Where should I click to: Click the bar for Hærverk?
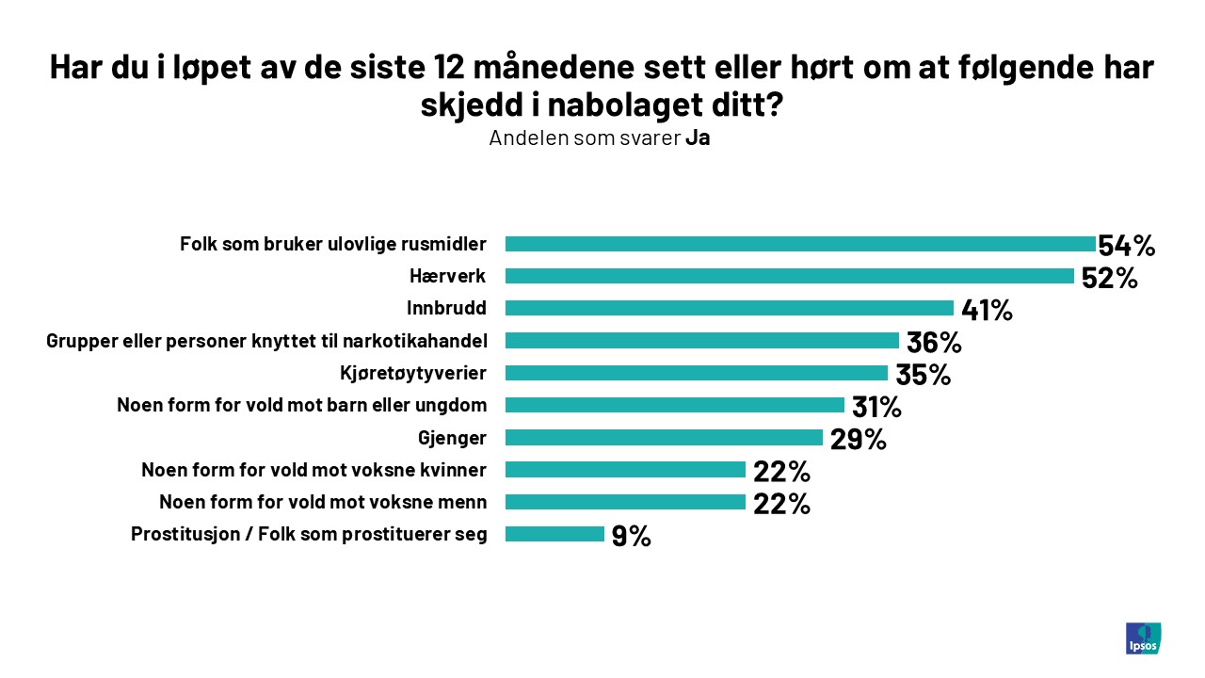point(789,276)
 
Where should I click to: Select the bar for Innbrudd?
point(729,308)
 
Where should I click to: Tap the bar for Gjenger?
point(664,437)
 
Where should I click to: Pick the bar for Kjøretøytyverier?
point(696,373)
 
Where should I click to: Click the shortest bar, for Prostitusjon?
point(554,534)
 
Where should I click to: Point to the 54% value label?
point(1126,246)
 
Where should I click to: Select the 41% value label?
point(987,310)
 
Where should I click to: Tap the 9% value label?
point(631,536)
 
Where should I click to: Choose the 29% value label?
point(858,439)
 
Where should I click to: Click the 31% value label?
point(876,407)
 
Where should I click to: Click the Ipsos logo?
point(1143,638)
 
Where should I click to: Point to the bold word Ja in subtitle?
point(698,137)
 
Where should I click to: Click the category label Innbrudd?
point(446,308)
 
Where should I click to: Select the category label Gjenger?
point(452,437)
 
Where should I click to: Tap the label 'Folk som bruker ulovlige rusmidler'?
point(333,244)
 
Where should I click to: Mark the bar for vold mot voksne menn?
point(625,502)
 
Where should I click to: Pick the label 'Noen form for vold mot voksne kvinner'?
point(313,469)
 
